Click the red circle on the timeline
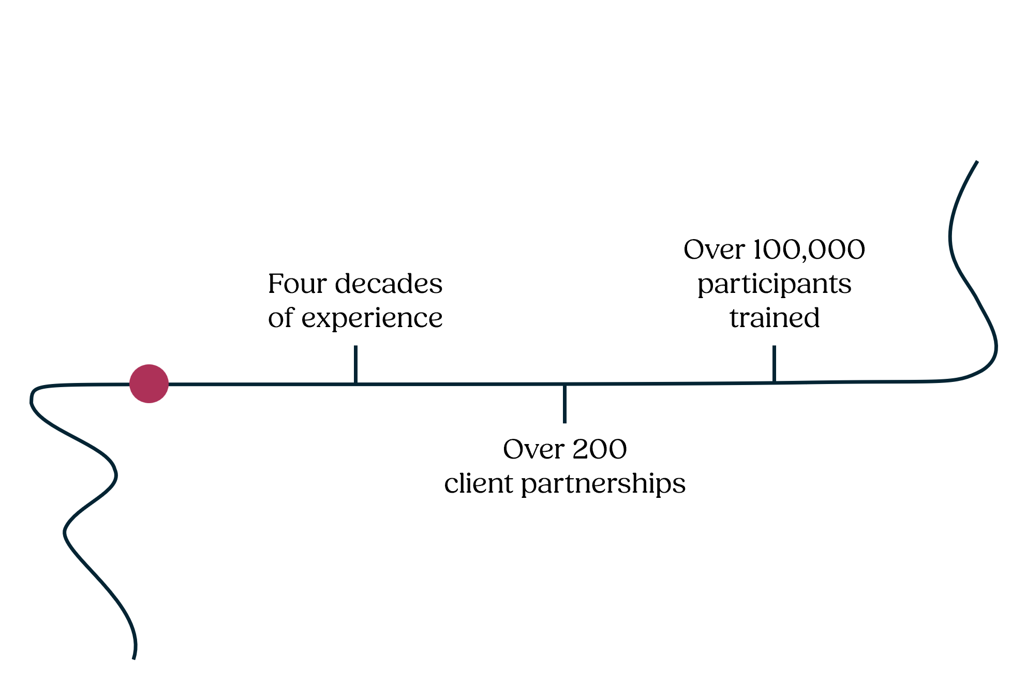(149, 383)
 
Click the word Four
(297, 284)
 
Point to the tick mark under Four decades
(355, 364)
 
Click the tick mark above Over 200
(564, 404)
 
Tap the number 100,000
(809, 250)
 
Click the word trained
(775, 318)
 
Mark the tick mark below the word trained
(774, 363)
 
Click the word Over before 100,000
(714, 250)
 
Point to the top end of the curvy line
(976, 163)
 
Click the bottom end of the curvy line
(133, 658)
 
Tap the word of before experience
(280, 318)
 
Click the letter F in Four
(276, 284)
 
